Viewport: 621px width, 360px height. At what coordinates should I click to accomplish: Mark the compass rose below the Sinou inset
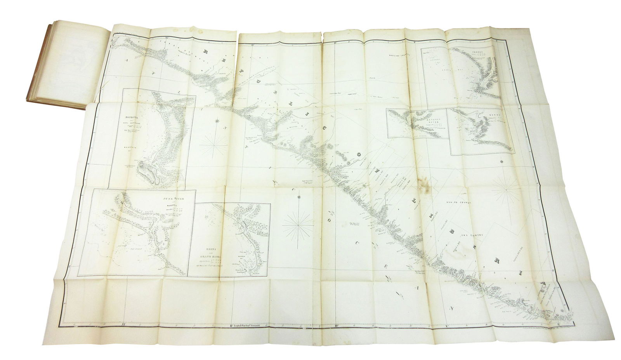tap(505, 190)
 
